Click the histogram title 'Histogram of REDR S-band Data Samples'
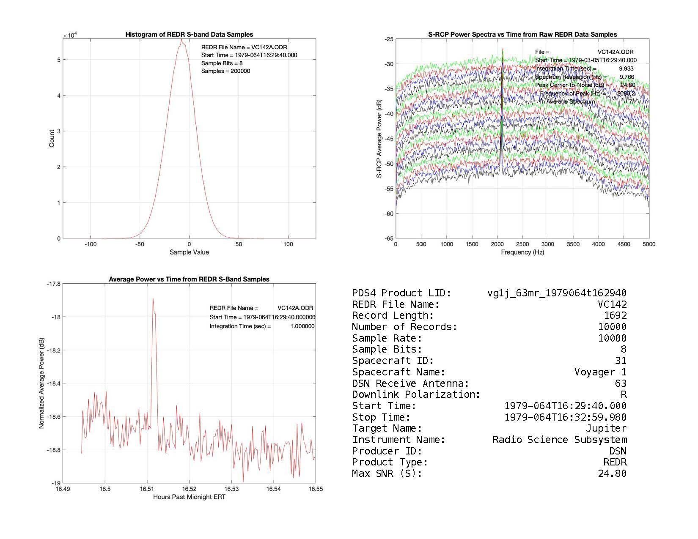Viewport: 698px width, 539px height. click(x=189, y=35)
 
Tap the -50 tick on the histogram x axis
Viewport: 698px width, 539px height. click(x=140, y=244)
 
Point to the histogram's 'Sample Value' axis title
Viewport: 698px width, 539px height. click(x=189, y=252)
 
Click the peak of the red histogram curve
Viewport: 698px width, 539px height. click(x=181, y=40)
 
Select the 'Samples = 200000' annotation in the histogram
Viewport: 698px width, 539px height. click(x=225, y=71)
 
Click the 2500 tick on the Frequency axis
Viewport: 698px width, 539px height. click(x=522, y=244)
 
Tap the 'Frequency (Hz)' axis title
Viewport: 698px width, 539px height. click(x=522, y=252)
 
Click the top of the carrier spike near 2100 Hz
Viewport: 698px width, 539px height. click(x=503, y=49)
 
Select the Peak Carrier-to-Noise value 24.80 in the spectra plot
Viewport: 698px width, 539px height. click(x=628, y=85)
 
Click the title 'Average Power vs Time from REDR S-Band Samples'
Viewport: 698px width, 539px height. click(x=189, y=279)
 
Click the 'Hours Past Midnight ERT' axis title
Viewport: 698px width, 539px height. click(x=189, y=497)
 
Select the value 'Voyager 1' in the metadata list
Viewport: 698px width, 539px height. click(x=600, y=372)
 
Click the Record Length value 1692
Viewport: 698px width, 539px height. click(x=615, y=315)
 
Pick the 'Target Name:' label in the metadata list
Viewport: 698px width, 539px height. click(x=387, y=428)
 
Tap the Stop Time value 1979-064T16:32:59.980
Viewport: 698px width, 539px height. click(x=565, y=417)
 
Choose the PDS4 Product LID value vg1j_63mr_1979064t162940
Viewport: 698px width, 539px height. click(x=557, y=293)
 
